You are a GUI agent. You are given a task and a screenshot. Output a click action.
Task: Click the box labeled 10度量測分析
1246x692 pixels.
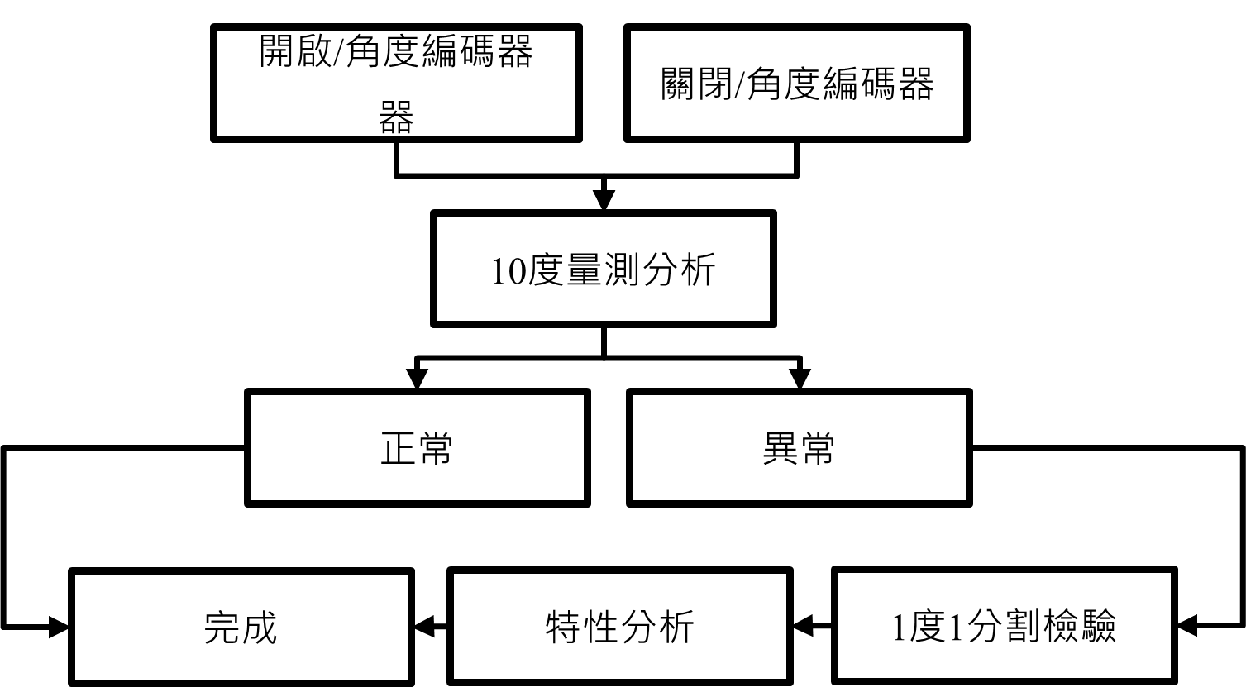603,269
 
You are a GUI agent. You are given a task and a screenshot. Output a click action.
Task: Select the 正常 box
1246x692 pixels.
417,447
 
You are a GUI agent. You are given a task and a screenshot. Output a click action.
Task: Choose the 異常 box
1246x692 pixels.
799,447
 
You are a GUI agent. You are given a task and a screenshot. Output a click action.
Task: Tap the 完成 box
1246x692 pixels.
241,627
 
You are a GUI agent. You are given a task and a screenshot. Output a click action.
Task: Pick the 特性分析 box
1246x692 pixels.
619,627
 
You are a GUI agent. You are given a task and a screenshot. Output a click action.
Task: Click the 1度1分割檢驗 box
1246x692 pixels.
1004,625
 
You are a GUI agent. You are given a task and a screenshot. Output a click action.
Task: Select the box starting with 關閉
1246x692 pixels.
796,83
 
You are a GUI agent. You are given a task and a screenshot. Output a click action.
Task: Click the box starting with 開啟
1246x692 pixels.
396,83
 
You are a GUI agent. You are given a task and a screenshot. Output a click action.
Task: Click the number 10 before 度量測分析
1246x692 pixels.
507,271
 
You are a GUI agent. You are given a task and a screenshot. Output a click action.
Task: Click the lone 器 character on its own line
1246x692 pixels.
396,118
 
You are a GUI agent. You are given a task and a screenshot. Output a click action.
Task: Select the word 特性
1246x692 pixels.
581,628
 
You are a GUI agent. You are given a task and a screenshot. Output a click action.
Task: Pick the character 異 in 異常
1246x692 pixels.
780,448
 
